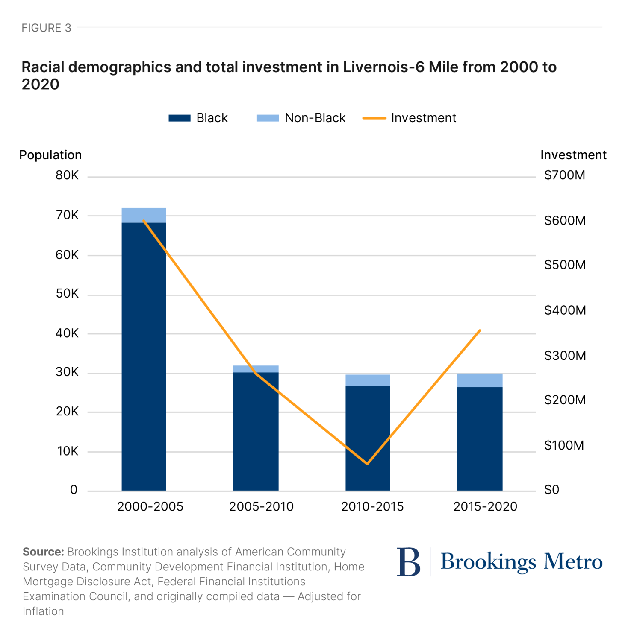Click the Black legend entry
pos(198,118)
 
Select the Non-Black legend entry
pos(301,118)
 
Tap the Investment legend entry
pos(409,118)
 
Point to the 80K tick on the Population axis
pos(67,175)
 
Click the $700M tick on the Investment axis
pos(564,175)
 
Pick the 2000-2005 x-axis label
pos(150,506)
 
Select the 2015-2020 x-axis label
pos(485,506)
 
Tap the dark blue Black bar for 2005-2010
pos(256,431)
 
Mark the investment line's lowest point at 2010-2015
pos(367,464)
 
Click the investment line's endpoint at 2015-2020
pos(480,330)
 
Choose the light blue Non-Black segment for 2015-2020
pos(480,380)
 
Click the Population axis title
pos(50,155)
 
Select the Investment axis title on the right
pos(573,155)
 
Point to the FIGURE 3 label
pos(46,28)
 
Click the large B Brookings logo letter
pos(408,562)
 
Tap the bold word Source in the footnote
pos(43,552)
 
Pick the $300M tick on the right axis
pos(565,355)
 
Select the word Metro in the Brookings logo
pos(573,561)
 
